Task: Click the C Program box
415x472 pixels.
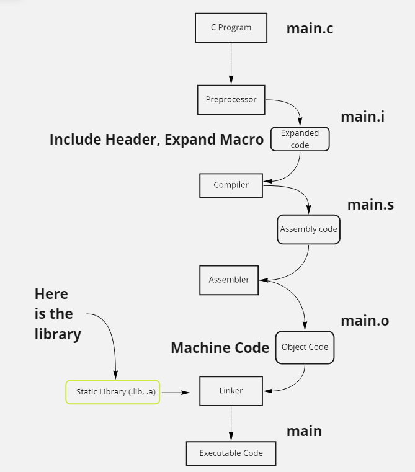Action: coord(231,28)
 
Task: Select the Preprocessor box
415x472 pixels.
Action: coord(231,100)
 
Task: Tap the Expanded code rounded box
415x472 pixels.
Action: coord(300,139)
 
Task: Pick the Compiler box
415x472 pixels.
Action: coord(231,185)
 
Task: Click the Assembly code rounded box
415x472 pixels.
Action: coord(308,229)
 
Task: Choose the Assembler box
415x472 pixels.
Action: coord(229,280)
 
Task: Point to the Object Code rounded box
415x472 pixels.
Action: coord(305,347)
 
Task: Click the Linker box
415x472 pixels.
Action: coord(231,391)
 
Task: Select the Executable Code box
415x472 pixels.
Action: coord(231,453)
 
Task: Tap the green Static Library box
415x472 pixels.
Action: coord(113,392)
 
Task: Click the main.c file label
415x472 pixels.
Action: coord(310,29)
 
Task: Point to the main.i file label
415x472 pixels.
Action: coord(362,116)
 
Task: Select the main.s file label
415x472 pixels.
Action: coord(370,205)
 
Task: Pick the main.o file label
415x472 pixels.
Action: coord(365,321)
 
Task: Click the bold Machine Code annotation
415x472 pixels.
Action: coord(220,348)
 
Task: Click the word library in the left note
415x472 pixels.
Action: coord(58,334)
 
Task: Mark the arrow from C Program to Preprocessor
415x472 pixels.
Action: coord(231,64)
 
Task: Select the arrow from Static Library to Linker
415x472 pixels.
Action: coord(176,393)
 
